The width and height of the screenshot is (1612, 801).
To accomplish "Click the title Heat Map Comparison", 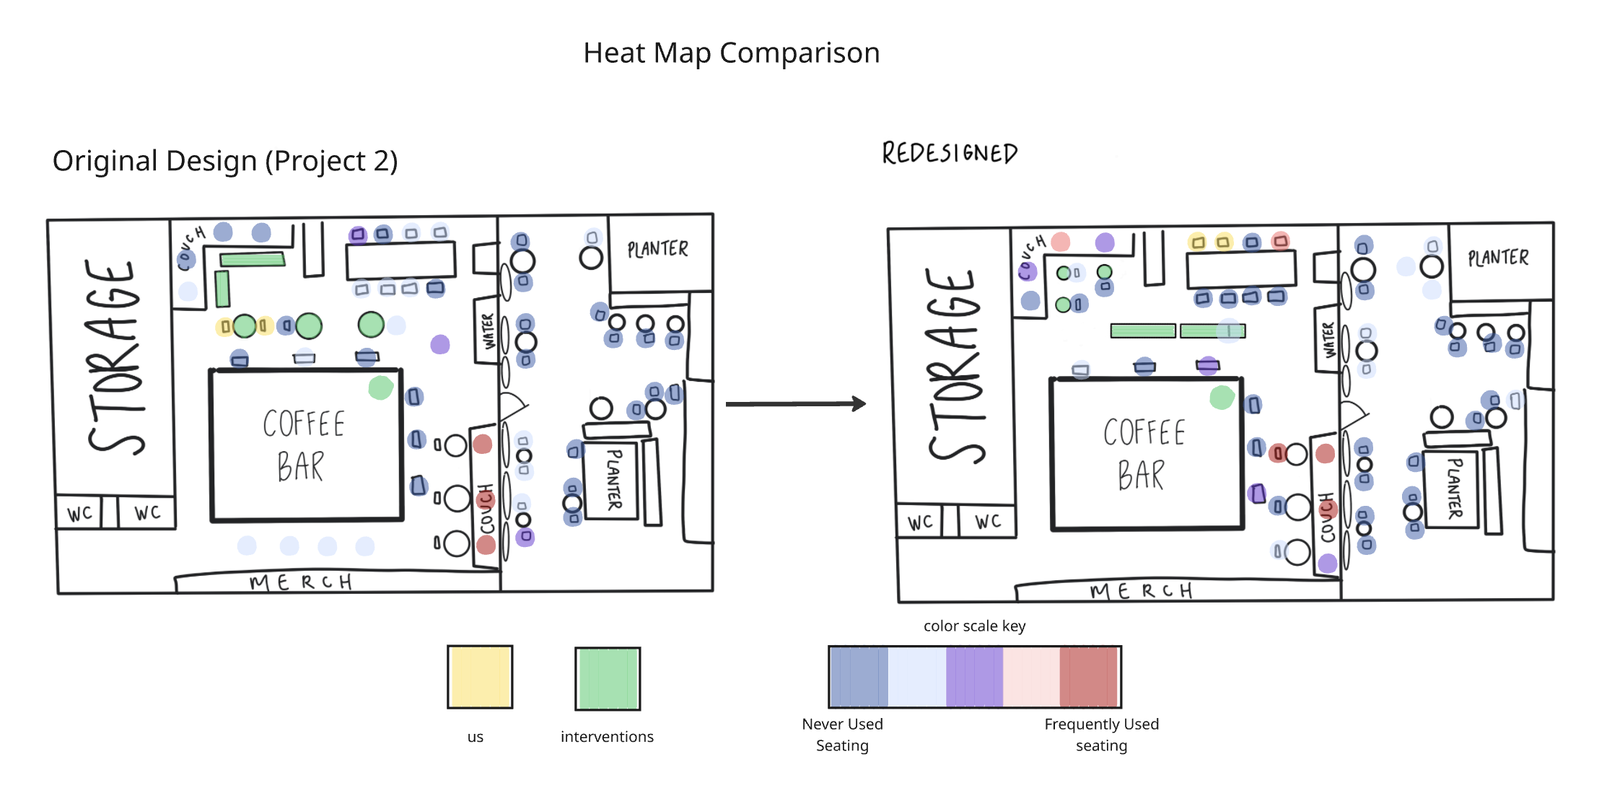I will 731,53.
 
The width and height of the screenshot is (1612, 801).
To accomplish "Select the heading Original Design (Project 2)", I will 225,160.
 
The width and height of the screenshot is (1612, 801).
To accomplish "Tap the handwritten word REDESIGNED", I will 950,153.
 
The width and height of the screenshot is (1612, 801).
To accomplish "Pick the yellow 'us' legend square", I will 480,677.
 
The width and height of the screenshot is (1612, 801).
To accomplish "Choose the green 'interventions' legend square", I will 608,678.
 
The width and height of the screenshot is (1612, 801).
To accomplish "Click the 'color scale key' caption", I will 974,626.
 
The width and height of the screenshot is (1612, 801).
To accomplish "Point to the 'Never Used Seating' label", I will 842,735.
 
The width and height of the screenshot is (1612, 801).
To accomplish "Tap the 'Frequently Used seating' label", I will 1101,735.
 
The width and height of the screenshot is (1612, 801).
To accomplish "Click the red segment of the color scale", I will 1089,677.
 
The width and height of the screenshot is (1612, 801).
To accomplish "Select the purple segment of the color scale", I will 974,677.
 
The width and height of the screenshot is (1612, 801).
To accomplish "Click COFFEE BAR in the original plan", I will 304,445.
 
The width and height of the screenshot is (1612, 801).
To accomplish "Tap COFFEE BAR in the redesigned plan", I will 1144,454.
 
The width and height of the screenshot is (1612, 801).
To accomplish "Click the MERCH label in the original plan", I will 301,582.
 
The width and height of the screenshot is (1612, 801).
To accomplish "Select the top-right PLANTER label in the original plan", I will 657,250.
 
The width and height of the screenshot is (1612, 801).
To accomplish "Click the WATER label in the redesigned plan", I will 1328,339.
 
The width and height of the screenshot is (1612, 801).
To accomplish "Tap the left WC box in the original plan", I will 79,513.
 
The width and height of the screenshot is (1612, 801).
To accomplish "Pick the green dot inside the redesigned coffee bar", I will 1222,397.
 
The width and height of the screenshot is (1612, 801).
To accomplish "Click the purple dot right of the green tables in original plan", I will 440,344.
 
